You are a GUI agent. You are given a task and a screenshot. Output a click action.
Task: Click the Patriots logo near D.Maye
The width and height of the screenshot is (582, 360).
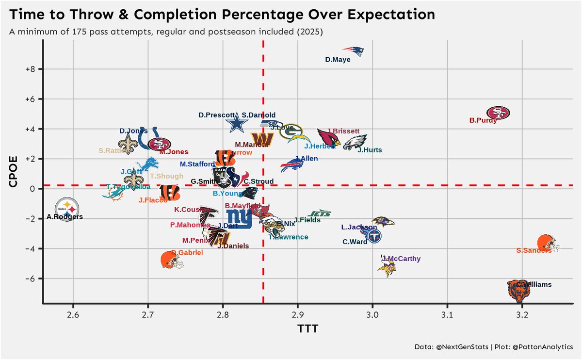click(354, 51)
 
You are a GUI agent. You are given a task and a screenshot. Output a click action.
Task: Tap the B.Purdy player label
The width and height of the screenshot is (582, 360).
click(483, 121)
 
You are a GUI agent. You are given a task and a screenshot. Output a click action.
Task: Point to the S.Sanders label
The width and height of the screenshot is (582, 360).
click(533, 251)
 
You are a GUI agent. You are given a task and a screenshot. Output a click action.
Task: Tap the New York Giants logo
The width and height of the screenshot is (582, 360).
click(240, 219)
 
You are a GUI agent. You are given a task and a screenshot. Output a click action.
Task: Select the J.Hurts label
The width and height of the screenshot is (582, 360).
click(370, 150)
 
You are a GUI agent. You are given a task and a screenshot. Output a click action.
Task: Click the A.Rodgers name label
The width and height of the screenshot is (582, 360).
click(65, 217)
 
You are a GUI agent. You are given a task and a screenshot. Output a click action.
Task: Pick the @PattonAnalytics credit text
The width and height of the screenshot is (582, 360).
click(537, 347)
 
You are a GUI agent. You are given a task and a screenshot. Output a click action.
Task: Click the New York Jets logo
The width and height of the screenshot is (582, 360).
click(320, 213)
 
